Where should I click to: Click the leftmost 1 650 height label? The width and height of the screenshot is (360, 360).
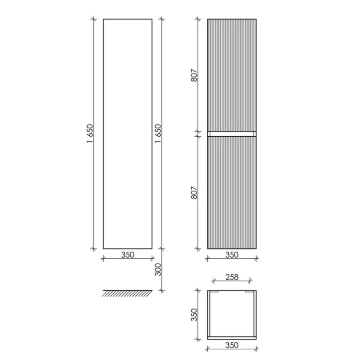coord(90,134)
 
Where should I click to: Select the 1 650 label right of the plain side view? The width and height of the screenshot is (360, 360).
coord(158,134)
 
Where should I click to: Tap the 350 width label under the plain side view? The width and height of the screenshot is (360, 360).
coord(128,255)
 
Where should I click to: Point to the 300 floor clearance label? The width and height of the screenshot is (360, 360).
coord(158,270)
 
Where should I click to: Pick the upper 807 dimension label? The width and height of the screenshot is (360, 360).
coord(194,75)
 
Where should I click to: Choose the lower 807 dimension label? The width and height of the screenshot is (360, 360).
coord(194,192)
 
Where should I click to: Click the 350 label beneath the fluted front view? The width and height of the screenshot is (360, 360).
coord(232,255)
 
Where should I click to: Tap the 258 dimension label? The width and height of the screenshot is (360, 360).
coord(232,277)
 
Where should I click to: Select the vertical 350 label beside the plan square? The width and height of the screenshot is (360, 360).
coord(194,315)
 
